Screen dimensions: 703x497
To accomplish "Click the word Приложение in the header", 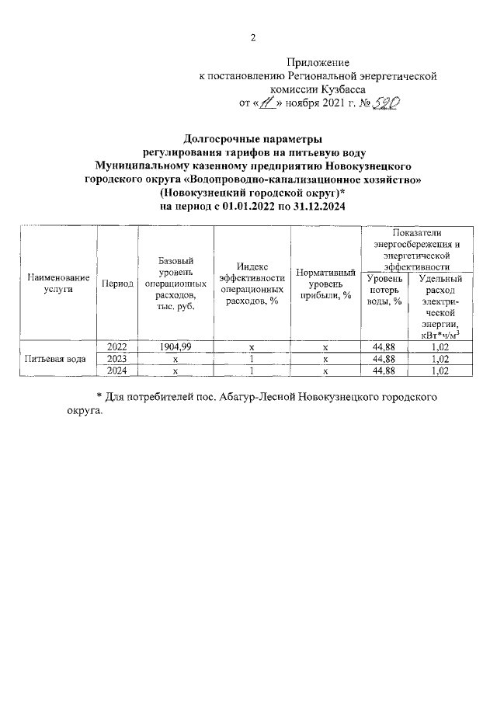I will (x=318, y=62).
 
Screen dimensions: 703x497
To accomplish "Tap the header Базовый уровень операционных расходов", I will (x=176, y=283).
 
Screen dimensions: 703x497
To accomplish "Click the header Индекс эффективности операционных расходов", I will (x=252, y=283).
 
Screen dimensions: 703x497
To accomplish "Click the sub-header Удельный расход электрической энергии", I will (x=440, y=306).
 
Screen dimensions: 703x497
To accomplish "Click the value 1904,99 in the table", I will (x=176, y=346).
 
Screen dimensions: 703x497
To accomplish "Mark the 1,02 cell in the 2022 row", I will (x=440, y=346).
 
